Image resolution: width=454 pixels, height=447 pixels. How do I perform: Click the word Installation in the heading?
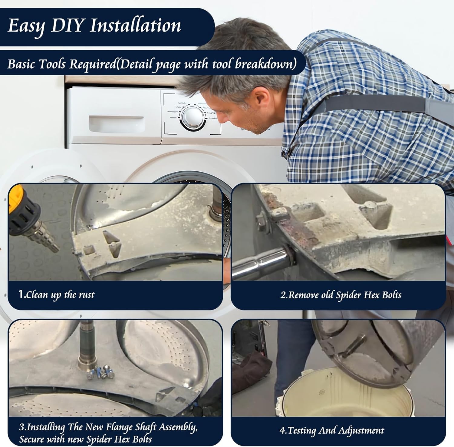[135, 25]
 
